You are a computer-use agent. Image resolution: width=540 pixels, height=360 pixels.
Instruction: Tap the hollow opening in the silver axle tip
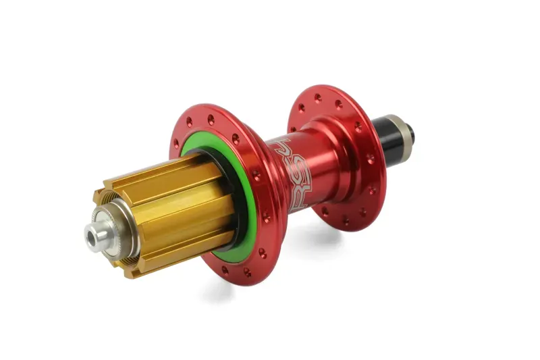point(89,236)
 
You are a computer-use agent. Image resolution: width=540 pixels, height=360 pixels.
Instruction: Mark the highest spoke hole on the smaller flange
point(318,97)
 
